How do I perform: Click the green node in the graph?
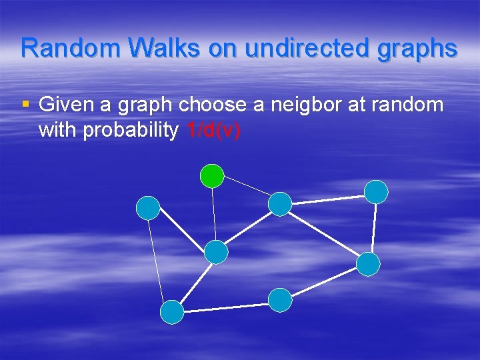coord(213,175)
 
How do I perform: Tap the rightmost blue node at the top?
coord(377,192)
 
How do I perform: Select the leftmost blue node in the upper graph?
coord(148,208)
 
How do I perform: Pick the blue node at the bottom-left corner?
coord(172,312)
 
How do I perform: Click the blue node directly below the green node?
coord(216,252)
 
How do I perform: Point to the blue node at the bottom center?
coord(280,300)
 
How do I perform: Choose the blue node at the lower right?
coord(368,265)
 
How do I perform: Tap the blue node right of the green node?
coord(280,204)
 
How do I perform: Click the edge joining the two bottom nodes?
coord(226,307)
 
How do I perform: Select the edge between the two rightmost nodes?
coord(373,229)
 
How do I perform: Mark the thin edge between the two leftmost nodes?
coord(160,260)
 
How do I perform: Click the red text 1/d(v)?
coord(213,131)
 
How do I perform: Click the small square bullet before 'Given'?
coord(26,104)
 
